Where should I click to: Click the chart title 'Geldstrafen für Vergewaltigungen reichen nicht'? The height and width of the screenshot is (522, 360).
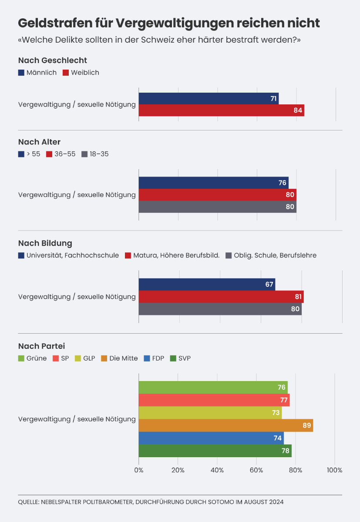point(169,23)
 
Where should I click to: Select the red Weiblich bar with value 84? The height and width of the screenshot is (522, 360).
point(221,110)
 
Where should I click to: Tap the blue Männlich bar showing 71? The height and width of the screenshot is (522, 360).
point(209,99)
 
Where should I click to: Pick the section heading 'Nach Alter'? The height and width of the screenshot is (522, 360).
point(39,142)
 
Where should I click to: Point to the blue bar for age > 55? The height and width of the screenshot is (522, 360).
point(213,183)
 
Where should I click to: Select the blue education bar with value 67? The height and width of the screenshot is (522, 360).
point(207,284)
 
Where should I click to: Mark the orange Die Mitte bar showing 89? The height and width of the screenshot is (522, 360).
point(225,425)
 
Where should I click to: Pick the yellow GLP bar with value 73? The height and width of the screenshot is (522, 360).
point(210,413)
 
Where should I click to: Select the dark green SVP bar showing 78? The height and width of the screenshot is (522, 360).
point(215,451)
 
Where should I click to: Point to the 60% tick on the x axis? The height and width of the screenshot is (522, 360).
point(256,470)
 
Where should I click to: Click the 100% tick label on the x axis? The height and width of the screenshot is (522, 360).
point(334,470)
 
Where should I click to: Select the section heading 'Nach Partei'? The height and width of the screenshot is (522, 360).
point(41,346)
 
